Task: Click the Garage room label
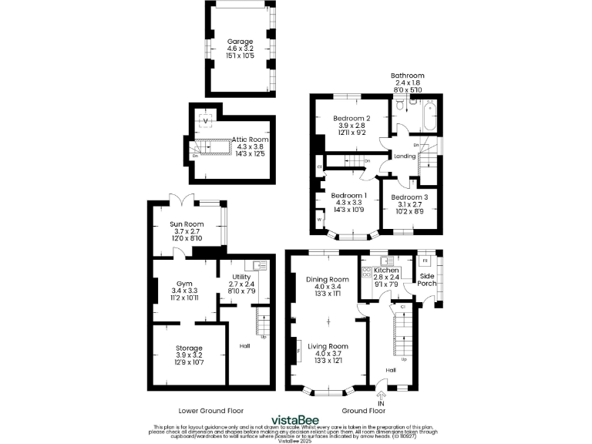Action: [239, 42]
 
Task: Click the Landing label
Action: [405, 157]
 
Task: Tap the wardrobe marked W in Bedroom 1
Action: [318, 220]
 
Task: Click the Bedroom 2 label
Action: [351, 118]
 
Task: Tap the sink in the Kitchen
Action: [381, 259]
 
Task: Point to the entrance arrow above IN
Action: [380, 395]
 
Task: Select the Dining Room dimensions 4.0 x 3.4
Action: [328, 286]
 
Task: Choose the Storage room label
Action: [188, 348]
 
